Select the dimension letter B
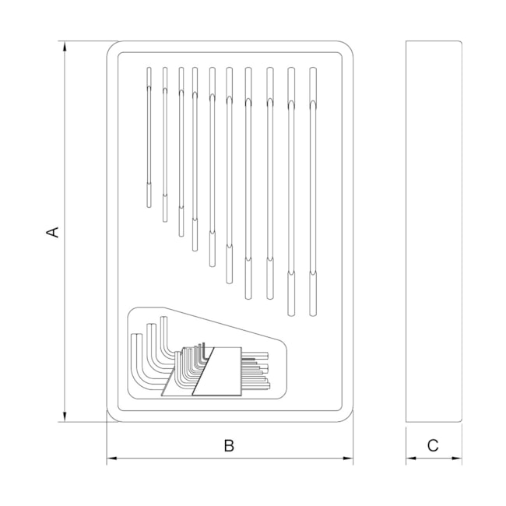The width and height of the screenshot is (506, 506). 229,445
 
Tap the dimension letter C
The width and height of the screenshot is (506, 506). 434,445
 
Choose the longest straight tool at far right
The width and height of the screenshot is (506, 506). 313,191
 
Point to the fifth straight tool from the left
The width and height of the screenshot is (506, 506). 212,167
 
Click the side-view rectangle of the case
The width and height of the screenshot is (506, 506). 434,231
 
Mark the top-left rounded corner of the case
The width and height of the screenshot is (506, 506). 114,48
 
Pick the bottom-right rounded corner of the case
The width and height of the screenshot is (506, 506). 346,415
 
